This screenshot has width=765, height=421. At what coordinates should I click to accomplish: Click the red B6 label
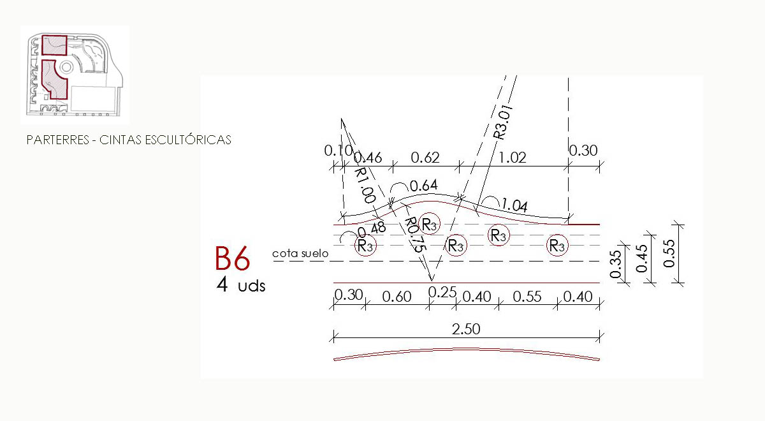[x=232, y=259]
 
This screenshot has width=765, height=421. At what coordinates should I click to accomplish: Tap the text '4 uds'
[x=241, y=284]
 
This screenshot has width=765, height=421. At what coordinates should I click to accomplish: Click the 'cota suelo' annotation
[x=300, y=253]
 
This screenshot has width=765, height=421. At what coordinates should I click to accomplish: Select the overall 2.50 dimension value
[x=466, y=329]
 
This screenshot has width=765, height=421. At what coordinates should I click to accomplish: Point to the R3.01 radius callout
[x=504, y=122]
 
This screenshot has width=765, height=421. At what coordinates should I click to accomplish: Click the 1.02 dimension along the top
[x=513, y=158]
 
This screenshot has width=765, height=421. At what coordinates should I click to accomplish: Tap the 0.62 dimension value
[x=425, y=158]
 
